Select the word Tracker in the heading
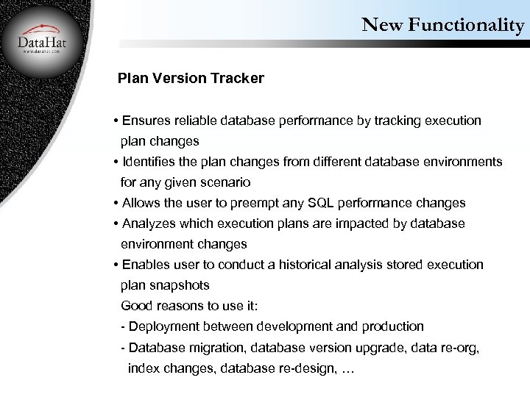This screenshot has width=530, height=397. click(x=238, y=79)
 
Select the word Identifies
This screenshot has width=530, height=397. click(x=150, y=162)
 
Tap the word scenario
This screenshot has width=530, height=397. click(x=224, y=182)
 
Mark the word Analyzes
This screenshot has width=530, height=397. click(x=151, y=223)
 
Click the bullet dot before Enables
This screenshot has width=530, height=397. click(x=116, y=265)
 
